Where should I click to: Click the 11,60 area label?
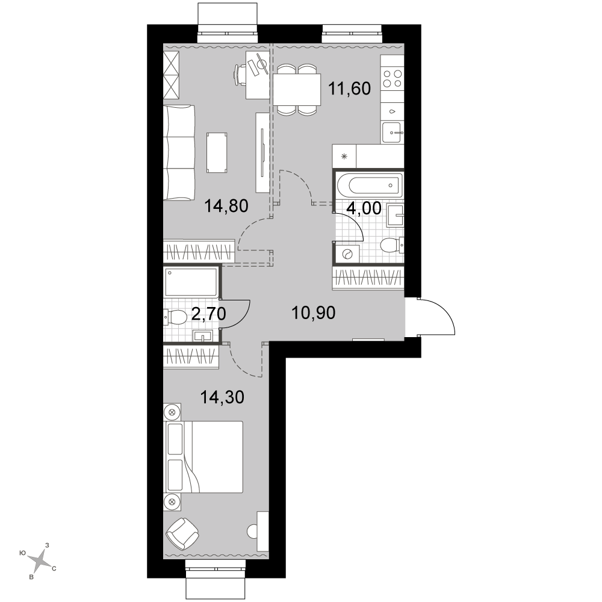(349, 88)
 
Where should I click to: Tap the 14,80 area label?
(226, 206)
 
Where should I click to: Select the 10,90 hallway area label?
(314, 313)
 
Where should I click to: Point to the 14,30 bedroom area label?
(222, 397)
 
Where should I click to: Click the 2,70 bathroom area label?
(208, 314)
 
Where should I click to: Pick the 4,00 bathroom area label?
(364, 208)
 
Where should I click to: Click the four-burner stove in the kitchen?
(393, 79)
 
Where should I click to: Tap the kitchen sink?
(393, 133)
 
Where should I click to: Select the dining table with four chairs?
(297, 90)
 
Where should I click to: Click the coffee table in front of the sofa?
(217, 152)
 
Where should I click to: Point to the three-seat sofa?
(179, 153)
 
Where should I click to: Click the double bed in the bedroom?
(203, 457)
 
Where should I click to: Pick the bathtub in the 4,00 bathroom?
(370, 185)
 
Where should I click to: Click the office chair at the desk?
(241, 74)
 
